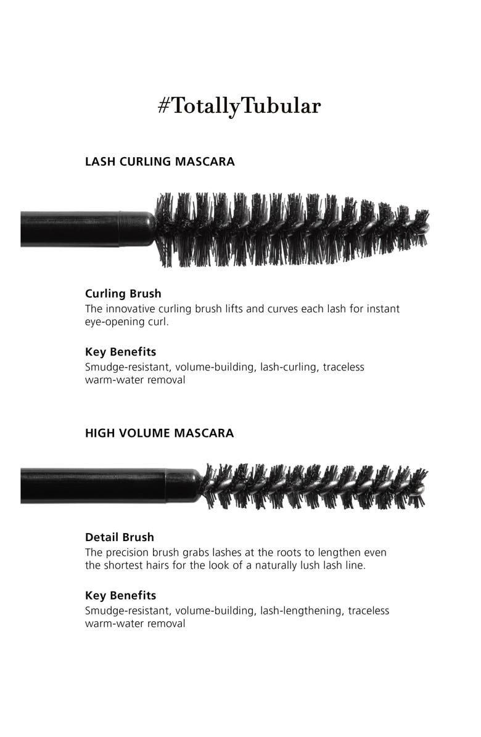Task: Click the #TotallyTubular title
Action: click(239, 107)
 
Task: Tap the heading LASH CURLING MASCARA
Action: click(160, 162)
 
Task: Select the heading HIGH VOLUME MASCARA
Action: click(159, 433)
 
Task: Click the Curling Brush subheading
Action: click(123, 294)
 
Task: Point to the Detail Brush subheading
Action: click(120, 537)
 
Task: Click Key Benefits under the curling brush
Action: click(120, 352)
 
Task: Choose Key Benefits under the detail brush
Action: click(120, 595)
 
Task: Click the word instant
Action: click(382, 309)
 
